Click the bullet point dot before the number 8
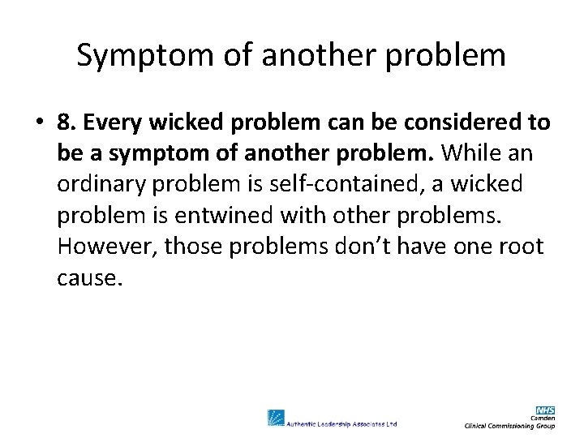[40, 123]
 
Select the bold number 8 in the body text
[65, 122]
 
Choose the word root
[522, 246]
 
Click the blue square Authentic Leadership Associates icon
[276, 418]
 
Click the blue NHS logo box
[546, 410]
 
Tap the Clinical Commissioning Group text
[509, 426]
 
